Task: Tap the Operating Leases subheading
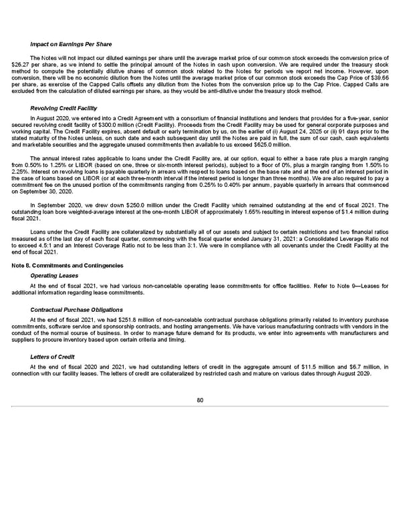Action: (x=53, y=276)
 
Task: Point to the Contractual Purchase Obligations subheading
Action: (x=76, y=309)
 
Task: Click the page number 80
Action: (x=200, y=400)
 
